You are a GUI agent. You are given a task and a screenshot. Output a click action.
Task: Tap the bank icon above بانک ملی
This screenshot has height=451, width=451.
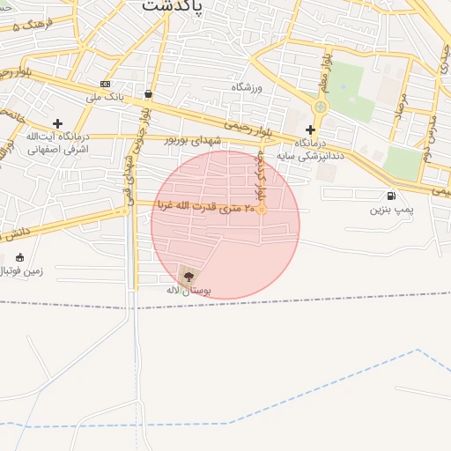106,84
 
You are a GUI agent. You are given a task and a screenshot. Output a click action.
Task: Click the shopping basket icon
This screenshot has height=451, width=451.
148,92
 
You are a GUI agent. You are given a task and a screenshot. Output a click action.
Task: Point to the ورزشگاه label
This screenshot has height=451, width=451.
249,87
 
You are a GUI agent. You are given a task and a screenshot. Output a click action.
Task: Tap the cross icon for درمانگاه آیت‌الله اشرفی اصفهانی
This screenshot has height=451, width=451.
58,124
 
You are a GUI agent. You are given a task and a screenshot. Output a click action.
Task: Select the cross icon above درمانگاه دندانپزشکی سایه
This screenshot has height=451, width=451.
310,129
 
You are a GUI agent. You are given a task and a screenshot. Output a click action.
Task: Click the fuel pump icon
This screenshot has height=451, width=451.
390,196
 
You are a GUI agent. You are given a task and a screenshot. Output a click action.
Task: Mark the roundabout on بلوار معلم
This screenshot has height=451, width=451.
320,107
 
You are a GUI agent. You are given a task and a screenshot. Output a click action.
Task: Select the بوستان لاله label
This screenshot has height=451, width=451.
189,290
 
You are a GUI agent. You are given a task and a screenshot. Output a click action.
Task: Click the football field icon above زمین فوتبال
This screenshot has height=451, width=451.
20,258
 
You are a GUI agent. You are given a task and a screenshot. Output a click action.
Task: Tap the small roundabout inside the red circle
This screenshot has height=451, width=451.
262,210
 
